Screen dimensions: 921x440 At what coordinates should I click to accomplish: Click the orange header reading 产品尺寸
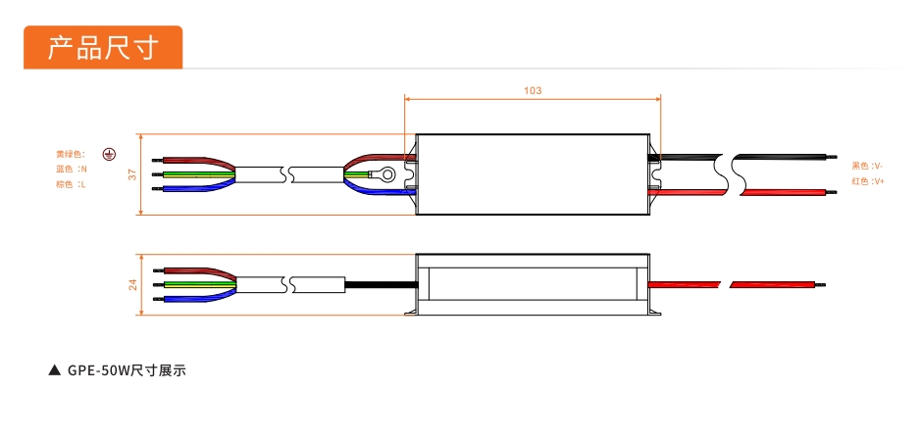click(x=103, y=47)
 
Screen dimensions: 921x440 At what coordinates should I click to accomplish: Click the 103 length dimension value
click(x=533, y=91)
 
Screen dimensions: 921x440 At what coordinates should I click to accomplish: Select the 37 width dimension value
click(x=132, y=174)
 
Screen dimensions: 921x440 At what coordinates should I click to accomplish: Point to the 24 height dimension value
click(x=132, y=284)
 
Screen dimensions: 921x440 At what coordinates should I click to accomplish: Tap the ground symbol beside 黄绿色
click(x=109, y=154)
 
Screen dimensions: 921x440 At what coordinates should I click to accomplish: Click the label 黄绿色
click(x=71, y=154)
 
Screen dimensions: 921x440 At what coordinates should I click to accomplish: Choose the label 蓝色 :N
click(x=72, y=170)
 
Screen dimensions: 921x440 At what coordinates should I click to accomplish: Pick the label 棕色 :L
click(x=71, y=185)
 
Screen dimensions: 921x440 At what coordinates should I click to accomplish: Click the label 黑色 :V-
click(x=868, y=166)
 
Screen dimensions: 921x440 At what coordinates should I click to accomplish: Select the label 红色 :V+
click(x=868, y=181)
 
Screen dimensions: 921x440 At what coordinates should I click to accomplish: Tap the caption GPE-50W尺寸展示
click(x=127, y=370)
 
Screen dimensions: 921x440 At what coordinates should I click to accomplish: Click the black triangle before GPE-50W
click(x=55, y=370)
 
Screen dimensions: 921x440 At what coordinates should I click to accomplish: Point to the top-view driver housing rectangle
click(x=533, y=174)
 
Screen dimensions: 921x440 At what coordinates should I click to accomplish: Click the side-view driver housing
click(x=533, y=284)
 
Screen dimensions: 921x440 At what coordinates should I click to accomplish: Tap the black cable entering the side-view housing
click(x=382, y=285)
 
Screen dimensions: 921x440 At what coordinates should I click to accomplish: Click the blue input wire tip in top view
click(x=157, y=189)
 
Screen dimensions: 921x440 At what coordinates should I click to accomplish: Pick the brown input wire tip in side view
click(x=158, y=270)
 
